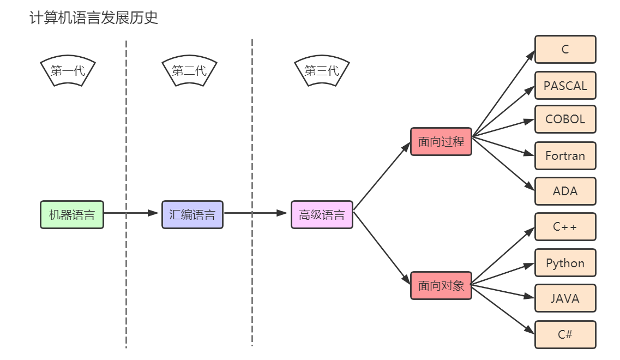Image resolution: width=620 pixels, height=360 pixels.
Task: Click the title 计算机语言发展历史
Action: tap(93, 17)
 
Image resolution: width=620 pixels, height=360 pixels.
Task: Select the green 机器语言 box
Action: tap(72, 214)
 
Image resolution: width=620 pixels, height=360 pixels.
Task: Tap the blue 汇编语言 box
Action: tap(192, 214)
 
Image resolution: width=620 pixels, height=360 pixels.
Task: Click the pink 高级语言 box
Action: tap(322, 214)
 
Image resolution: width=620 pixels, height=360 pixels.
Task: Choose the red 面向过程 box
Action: tap(441, 142)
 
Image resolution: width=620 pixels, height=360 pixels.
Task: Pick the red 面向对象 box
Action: tap(441, 285)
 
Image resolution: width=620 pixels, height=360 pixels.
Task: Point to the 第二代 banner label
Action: tap(189, 71)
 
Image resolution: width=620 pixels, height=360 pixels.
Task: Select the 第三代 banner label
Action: tap(322, 71)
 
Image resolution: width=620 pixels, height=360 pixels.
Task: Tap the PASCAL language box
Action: tap(565, 86)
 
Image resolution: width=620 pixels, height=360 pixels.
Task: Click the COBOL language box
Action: tap(565, 119)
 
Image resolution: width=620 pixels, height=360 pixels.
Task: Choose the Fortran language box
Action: tap(565, 156)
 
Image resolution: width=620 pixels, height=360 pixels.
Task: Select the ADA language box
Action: tap(565, 191)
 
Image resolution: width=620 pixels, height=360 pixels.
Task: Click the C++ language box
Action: tap(565, 227)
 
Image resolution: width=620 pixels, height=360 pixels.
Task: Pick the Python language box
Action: tap(565, 263)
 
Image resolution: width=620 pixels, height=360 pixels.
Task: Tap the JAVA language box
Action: tap(565, 298)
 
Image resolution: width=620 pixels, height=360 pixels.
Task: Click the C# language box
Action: tap(565, 334)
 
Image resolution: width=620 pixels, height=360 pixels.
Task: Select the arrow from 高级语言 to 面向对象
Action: tap(382, 248)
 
